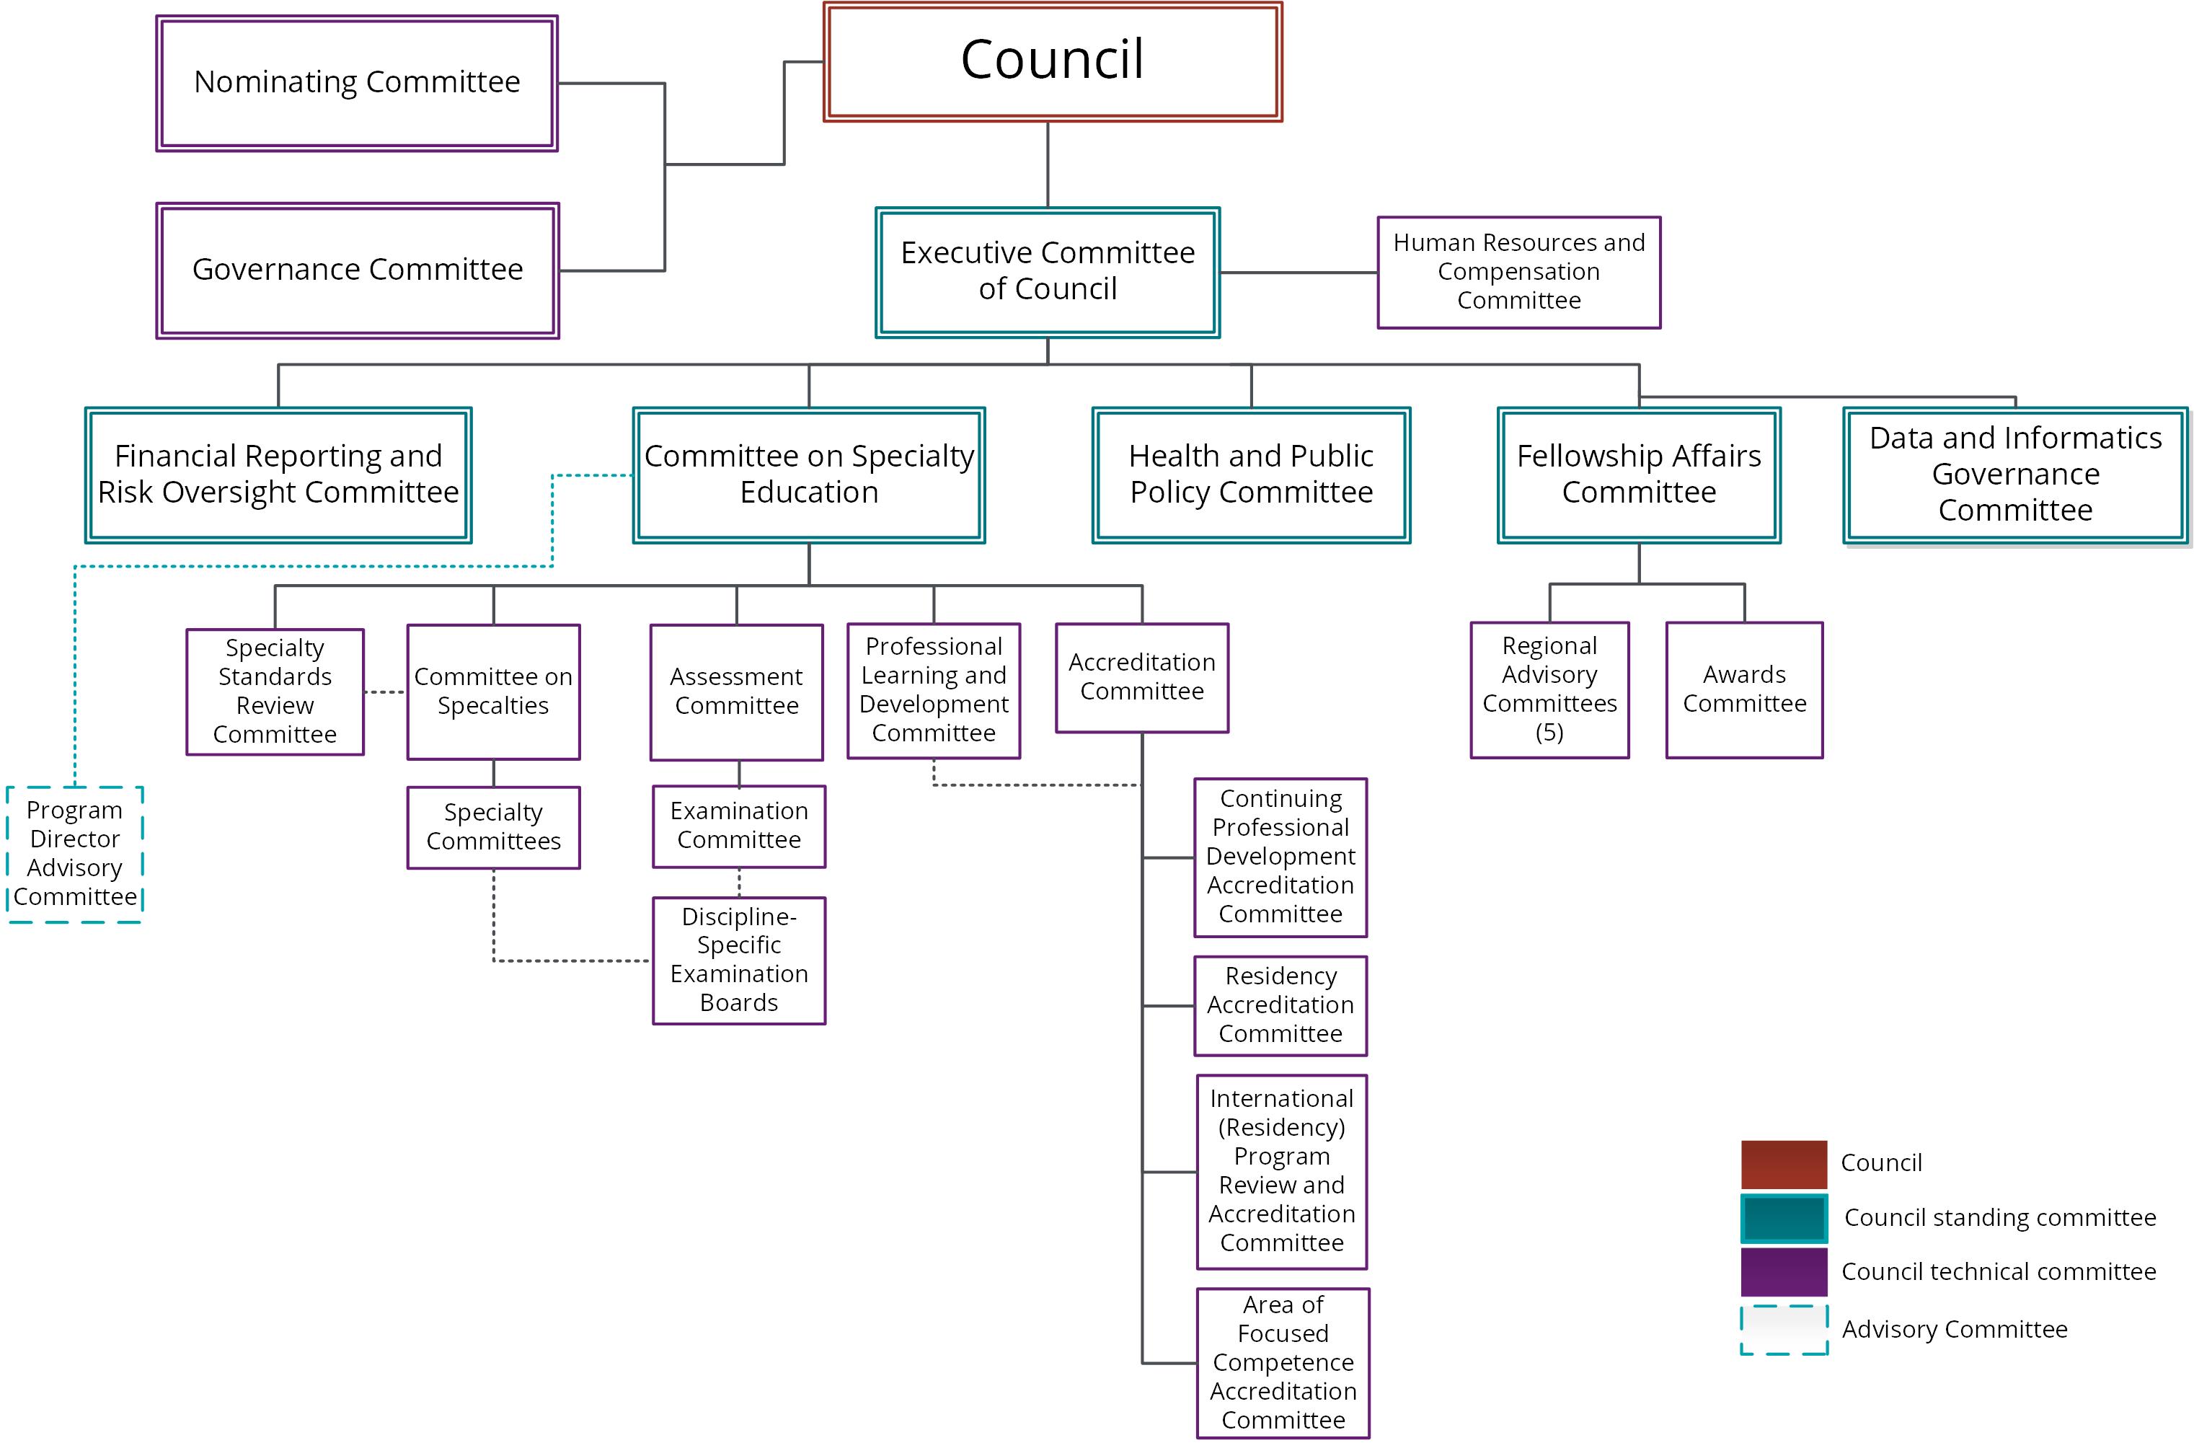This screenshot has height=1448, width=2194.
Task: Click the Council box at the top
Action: click(1053, 62)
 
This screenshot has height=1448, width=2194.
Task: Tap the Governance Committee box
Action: click(358, 270)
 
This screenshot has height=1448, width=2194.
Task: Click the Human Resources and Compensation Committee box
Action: click(1519, 273)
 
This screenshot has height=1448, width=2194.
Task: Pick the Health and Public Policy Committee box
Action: click(1251, 474)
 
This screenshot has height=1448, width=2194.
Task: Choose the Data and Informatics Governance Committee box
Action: click(2016, 474)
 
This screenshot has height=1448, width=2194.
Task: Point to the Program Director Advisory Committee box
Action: click(75, 855)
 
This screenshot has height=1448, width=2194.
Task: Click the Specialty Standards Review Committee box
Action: click(275, 692)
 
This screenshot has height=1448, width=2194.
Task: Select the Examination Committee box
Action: click(739, 826)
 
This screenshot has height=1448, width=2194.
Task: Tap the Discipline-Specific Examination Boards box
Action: click(739, 961)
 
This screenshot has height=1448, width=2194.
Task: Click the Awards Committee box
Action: click(1744, 690)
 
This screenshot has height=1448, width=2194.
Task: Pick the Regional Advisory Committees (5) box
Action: click(1549, 690)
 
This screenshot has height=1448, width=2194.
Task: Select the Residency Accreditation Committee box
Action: click(1280, 1006)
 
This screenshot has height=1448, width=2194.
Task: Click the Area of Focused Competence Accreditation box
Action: click(1283, 1363)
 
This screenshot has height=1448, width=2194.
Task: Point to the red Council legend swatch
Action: click(1784, 1165)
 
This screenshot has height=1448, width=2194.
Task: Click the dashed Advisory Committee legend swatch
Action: click(1784, 1330)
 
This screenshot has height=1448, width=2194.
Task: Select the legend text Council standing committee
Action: click(2000, 1217)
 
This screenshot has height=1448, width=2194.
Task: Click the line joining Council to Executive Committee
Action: click(1048, 164)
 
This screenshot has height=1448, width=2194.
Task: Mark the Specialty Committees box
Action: click(494, 827)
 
